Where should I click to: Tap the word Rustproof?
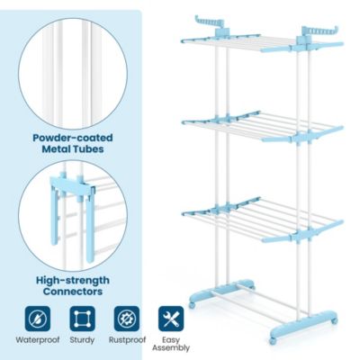pyautogui.click(x=126, y=341)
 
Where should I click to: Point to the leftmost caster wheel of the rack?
pyautogui.click(x=191, y=308)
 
